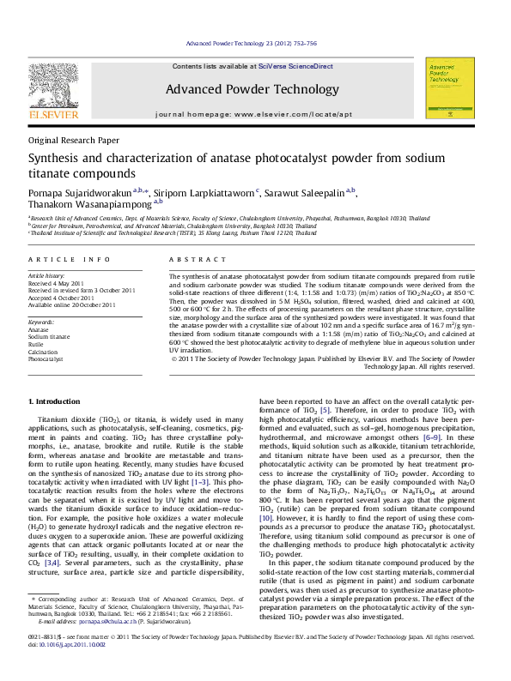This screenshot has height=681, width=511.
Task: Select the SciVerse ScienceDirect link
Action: [301, 66]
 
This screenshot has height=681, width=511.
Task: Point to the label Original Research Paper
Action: [74, 140]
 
